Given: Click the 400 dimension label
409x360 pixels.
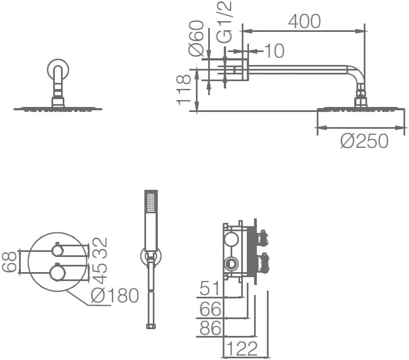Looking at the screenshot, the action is [x=304, y=21].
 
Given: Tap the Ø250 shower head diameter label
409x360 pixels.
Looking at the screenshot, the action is [x=364, y=141].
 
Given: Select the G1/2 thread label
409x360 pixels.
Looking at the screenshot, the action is [x=224, y=22].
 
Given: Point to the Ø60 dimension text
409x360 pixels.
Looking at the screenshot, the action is [x=196, y=38].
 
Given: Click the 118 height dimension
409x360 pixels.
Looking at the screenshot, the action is [x=184, y=90].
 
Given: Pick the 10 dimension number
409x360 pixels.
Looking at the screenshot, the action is [x=274, y=50].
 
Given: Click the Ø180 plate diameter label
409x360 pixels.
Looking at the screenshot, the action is [x=115, y=296].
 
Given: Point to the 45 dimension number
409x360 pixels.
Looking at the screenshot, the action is [x=100, y=274].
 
